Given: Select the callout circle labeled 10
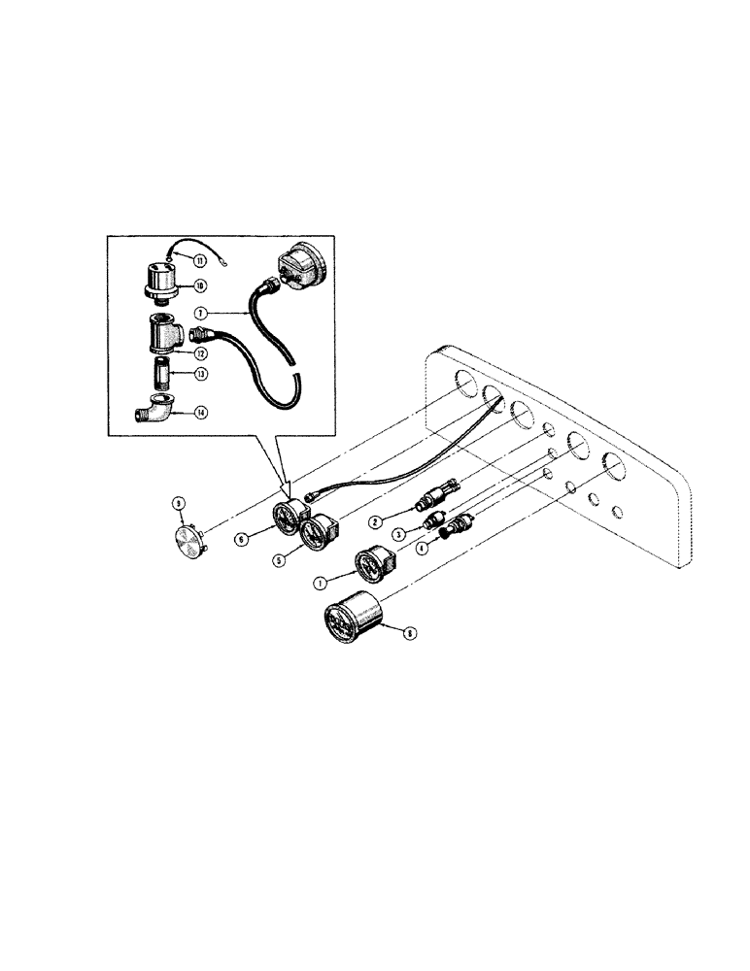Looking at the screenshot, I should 198,285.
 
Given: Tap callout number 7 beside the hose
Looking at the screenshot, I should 201,314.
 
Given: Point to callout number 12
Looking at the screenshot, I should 200,353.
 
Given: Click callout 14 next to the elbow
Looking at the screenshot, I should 199,412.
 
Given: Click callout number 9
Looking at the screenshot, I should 178,503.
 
